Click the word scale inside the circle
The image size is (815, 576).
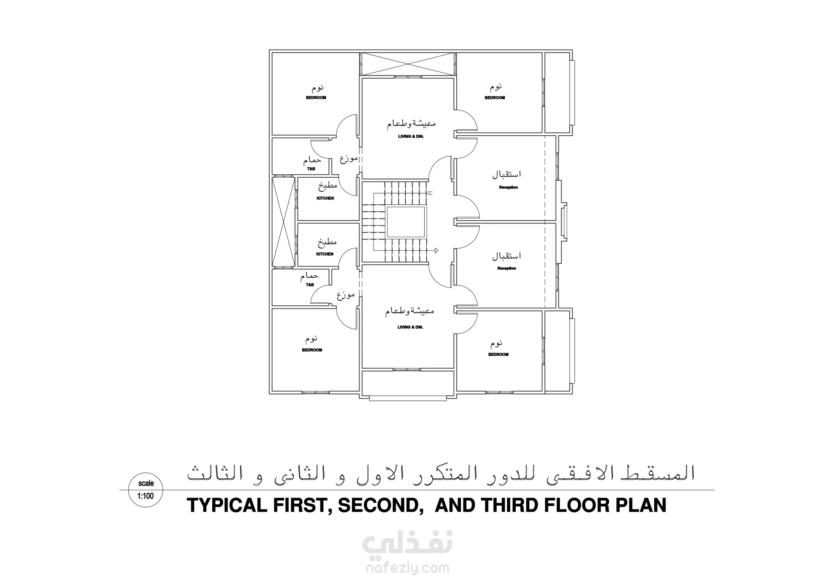(x=146, y=484)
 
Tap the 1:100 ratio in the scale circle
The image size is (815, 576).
(x=146, y=496)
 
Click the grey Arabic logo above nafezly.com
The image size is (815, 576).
(x=407, y=544)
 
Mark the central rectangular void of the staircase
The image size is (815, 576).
(x=405, y=222)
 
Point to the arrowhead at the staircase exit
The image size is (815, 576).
(x=436, y=250)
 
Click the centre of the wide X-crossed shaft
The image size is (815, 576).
(x=408, y=64)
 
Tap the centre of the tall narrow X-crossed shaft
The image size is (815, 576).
(x=283, y=222)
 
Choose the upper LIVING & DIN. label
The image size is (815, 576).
(x=411, y=137)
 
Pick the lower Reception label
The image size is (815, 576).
(x=507, y=268)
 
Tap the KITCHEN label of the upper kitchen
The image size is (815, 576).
(x=326, y=198)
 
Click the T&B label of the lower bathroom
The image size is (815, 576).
(x=310, y=285)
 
